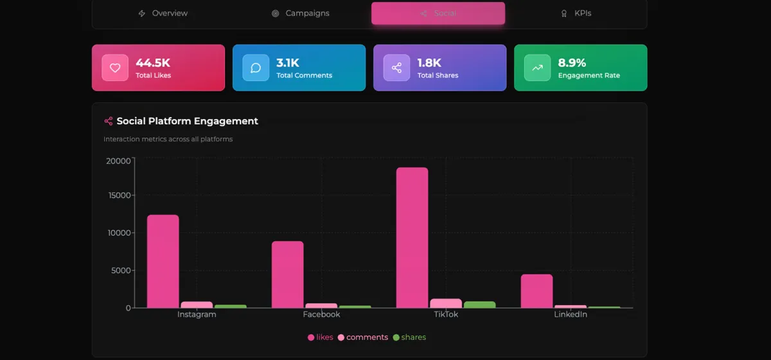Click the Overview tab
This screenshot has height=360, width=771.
(163, 14)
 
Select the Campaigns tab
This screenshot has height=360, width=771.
(300, 14)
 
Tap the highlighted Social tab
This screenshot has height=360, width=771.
(438, 14)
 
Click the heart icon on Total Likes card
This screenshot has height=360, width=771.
(115, 68)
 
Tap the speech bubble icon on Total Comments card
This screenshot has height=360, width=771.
(256, 68)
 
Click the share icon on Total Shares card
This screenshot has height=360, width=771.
(396, 68)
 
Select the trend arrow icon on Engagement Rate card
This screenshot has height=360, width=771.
(537, 68)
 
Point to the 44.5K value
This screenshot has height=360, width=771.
(153, 63)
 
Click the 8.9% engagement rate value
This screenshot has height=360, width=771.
(572, 63)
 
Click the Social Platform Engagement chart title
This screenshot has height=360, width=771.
(187, 121)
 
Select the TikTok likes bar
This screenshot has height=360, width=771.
(412, 238)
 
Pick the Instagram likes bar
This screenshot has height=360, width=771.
(163, 261)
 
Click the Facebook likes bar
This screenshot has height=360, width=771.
(287, 274)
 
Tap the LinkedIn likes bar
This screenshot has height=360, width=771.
(536, 291)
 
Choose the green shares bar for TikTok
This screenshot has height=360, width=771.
(479, 305)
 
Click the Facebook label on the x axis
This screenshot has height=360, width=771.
(321, 315)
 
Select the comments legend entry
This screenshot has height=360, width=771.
(363, 337)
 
